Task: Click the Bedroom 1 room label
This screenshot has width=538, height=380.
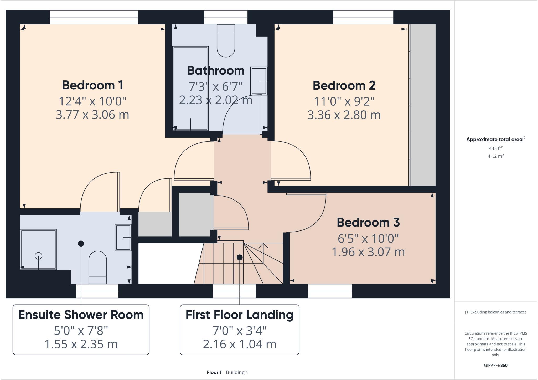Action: (92, 85)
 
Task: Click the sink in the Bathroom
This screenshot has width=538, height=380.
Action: (259, 81)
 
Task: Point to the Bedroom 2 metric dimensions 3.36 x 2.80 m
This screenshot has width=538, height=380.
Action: (344, 115)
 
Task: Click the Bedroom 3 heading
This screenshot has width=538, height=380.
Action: (368, 222)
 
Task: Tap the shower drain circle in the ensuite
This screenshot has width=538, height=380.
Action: (38, 255)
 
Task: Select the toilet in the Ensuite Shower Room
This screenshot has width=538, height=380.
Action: (97, 267)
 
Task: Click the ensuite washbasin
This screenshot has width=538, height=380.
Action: (123, 237)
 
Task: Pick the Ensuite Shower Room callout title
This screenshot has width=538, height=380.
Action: (81, 315)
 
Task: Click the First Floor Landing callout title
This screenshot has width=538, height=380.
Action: (239, 315)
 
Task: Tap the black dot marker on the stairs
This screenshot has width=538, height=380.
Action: (239, 258)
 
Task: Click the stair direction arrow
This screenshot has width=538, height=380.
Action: (263, 246)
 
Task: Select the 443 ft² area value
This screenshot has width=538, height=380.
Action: (495, 148)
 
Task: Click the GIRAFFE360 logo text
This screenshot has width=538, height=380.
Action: (495, 365)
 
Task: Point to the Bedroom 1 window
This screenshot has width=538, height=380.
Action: (94, 17)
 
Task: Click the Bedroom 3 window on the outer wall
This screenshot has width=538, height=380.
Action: (330, 291)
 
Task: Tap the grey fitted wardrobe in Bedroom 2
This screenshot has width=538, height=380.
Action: (423, 105)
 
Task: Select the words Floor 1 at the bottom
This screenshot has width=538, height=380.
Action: (214, 372)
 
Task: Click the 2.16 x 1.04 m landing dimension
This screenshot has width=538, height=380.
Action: (239, 344)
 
